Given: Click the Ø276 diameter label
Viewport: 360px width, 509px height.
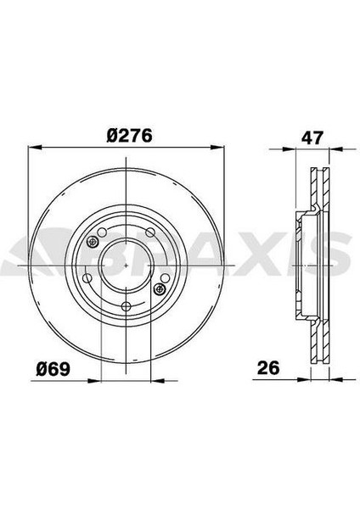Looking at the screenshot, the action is pyautogui.click(x=129, y=136).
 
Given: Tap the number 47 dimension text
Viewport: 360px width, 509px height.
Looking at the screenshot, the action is pyautogui.click(x=312, y=137).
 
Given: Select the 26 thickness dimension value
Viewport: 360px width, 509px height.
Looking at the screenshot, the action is pyautogui.click(x=268, y=368).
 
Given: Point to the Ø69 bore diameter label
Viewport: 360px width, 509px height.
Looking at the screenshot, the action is pyautogui.click(x=53, y=369).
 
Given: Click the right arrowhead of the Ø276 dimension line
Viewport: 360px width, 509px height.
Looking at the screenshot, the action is pyautogui.click(x=217, y=148).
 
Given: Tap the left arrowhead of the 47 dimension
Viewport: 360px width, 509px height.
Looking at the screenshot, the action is pyautogui.click(x=290, y=149).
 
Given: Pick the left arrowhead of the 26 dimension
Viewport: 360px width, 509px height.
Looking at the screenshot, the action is pyautogui.click(x=304, y=379).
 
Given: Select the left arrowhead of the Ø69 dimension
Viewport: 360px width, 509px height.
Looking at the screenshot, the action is pyautogui.click(x=94, y=380).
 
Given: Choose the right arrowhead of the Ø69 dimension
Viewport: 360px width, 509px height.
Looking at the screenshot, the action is pyautogui.click(x=158, y=380).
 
